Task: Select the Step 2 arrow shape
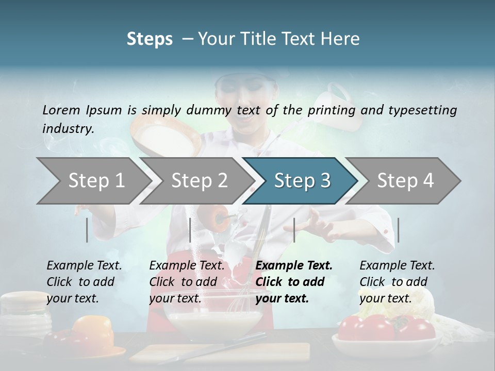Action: (x=199, y=181)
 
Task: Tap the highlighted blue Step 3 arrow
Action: (x=302, y=181)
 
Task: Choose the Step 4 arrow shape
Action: (x=405, y=181)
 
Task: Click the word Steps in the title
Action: (x=150, y=39)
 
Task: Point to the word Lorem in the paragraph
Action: (x=61, y=110)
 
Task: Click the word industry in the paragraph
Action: (x=67, y=129)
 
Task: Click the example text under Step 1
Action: (x=84, y=282)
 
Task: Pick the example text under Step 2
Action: (x=187, y=282)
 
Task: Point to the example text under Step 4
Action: (x=397, y=282)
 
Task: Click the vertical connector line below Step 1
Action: (x=87, y=230)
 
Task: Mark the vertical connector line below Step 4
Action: (x=399, y=230)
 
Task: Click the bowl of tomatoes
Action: (x=387, y=335)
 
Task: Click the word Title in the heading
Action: (x=288, y=39)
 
